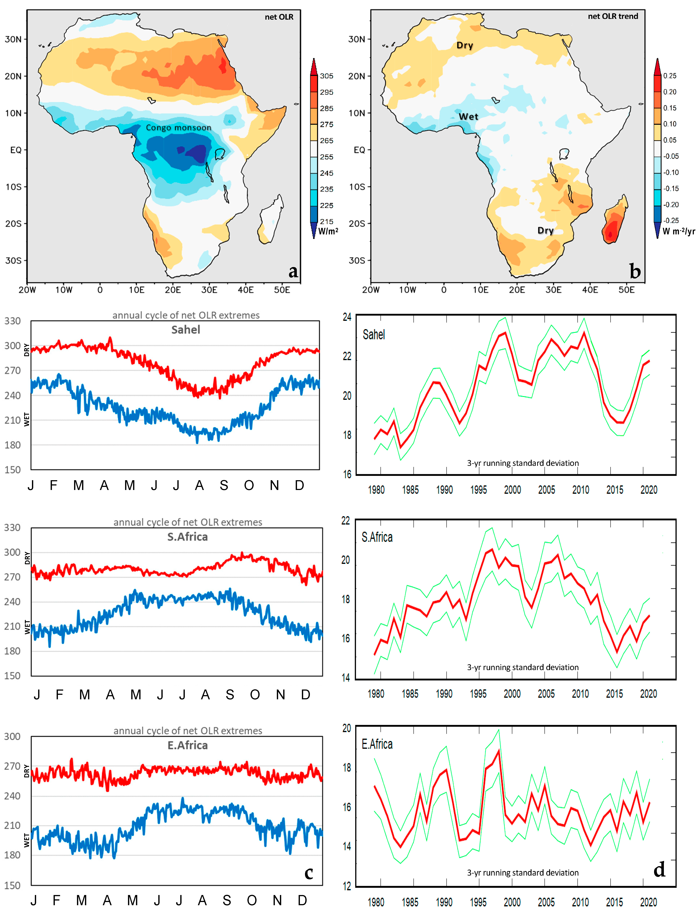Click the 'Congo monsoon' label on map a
(x=178, y=127)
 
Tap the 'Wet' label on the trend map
(x=468, y=117)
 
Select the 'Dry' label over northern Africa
(x=465, y=45)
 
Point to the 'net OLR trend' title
(x=612, y=16)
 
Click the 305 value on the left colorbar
(x=327, y=76)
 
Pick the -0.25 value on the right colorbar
(x=671, y=220)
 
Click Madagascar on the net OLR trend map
(x=614, y=221)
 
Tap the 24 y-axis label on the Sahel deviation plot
(x=347, y=317)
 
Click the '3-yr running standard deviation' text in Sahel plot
(x=522, y=463)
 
